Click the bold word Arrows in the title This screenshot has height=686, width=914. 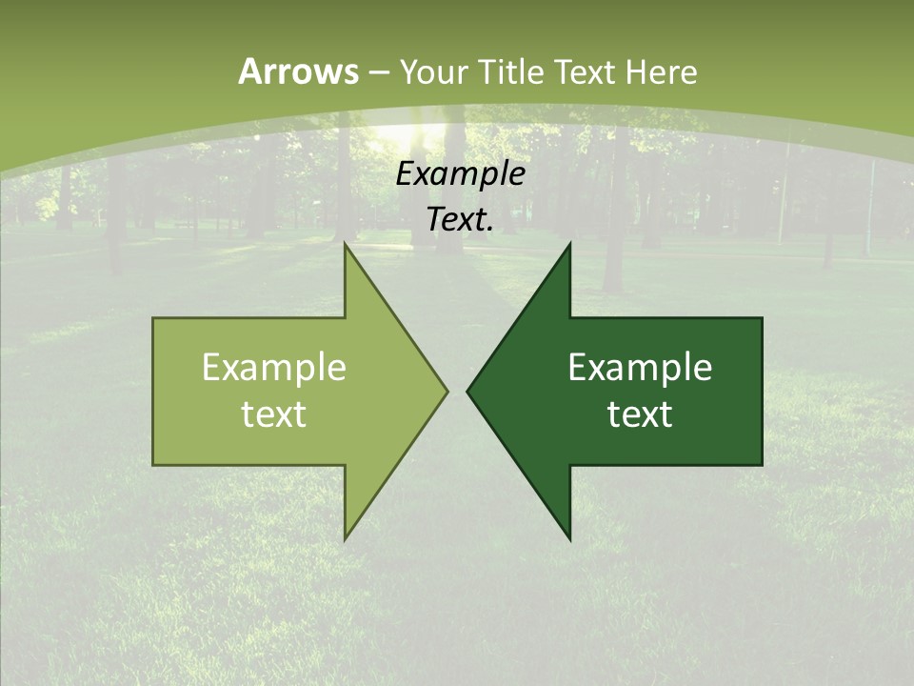[299, 71]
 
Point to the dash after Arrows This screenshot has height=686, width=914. [378, 72]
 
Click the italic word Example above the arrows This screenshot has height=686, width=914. [461, 174]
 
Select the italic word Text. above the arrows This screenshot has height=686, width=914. [461, 220]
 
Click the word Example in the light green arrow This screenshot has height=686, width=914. [274, 368]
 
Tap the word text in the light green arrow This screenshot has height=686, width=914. [274, 414]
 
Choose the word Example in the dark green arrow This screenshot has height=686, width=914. [640, 368]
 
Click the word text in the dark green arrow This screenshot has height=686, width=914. [640, 414]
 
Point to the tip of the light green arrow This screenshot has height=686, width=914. [447, 391]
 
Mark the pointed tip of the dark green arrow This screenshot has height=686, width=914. [467, 391]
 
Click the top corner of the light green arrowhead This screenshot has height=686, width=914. [346, 244]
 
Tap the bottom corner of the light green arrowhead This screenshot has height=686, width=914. [346, 539]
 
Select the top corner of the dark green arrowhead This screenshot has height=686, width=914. [569, 244]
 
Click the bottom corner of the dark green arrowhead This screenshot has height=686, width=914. [569, 539]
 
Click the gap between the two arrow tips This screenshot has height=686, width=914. [457, 391]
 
